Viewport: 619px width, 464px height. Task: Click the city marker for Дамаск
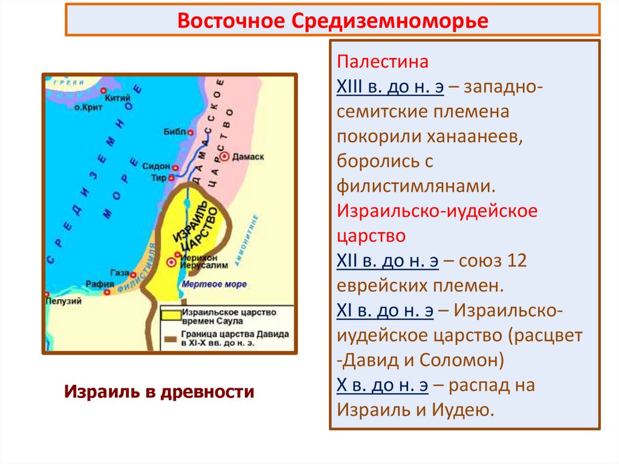[224, 156]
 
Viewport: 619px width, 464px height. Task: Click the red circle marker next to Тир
[171, 177]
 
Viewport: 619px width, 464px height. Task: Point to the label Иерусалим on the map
[211, 265]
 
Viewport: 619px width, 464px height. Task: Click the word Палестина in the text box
[383, 62]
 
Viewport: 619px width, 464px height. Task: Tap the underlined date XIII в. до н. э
[391, 87]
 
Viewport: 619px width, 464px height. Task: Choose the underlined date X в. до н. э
[385, 385]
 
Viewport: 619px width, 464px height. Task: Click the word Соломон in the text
[459, 361]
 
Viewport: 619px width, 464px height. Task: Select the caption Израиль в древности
[159, 391]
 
